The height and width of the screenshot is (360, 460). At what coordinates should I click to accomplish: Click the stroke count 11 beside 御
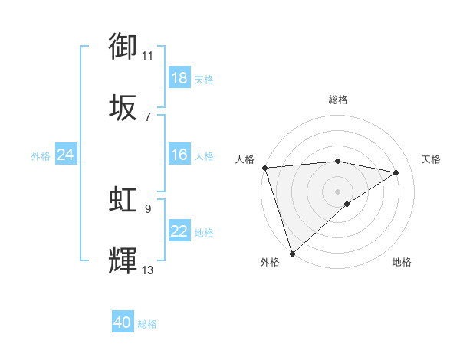point(148,55)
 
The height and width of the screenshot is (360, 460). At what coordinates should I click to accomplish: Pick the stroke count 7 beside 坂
point(148,116)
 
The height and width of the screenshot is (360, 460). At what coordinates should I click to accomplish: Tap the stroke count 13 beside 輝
point(148,270)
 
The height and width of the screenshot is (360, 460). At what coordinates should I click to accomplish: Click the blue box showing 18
point(179,78)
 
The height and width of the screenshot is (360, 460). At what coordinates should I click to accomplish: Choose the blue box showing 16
point(179,155)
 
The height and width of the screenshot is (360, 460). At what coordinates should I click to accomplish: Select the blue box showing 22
point(179,231)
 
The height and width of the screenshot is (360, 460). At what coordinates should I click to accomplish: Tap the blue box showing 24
point(66,155)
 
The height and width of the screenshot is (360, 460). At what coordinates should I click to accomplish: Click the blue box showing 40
point(123,322)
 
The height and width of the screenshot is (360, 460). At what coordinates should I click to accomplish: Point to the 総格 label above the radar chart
point(338,100)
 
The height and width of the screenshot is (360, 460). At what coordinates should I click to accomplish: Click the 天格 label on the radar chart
point(432,159)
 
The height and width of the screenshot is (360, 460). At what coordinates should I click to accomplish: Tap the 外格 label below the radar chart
point(270,262)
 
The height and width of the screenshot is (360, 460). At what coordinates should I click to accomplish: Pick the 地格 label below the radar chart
point(402,262)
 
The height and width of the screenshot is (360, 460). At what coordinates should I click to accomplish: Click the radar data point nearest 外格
point(292,253)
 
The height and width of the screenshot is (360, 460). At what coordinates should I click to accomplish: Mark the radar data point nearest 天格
point(396,172)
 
